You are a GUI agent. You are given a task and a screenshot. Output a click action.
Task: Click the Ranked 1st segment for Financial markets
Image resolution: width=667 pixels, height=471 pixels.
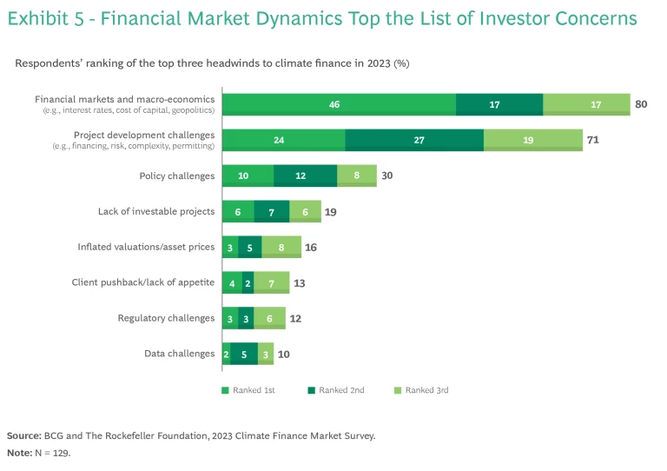point(339,104)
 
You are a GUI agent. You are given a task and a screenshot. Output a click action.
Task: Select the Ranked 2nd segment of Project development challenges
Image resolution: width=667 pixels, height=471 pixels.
point(414,140)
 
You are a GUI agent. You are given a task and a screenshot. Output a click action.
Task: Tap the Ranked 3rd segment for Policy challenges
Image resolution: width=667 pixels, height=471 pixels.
point(357,176)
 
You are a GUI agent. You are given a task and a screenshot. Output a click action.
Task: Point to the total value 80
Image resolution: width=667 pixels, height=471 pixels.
point(642,104)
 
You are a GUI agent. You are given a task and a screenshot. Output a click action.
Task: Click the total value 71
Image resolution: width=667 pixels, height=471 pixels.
point(594,140)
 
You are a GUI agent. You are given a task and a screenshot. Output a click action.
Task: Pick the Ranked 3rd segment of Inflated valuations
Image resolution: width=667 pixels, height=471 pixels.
point(281,247)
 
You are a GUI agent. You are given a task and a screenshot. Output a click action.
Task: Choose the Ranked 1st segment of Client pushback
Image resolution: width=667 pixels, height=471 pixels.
point(232,282)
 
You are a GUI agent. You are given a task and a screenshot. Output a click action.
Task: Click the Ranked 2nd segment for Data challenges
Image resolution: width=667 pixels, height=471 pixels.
point(244,354)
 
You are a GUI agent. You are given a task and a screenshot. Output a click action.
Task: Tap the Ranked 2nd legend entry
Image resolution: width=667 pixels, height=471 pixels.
point(338,390)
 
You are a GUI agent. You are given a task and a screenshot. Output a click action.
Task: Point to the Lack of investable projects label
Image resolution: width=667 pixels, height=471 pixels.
point(156,211)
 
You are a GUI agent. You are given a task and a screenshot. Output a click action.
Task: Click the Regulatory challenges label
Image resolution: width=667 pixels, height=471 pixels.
point(166,318)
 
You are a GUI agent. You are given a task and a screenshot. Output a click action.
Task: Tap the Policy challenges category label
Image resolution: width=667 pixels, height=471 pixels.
point(177,176)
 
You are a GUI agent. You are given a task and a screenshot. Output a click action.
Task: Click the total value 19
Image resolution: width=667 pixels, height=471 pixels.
point(330,211)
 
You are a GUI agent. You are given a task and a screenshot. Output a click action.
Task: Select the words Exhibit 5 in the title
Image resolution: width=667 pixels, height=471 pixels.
point(45,18)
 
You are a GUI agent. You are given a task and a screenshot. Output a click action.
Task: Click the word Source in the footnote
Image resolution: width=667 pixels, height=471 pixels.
point(23,435)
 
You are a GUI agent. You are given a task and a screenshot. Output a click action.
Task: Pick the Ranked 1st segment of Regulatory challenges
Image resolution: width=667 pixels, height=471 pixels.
point(230,318)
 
